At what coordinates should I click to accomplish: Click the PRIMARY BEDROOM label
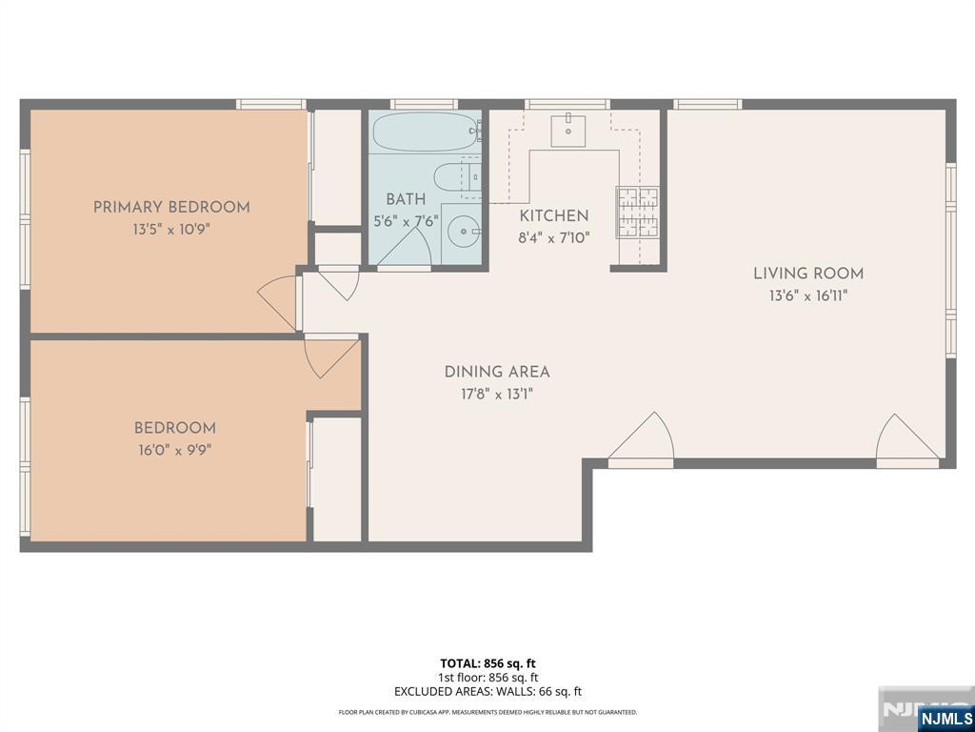coord(171,207)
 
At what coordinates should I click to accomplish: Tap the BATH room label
coord(406,200)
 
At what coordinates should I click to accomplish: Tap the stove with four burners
coord(638,212)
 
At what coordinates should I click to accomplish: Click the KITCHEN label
coord(554,216)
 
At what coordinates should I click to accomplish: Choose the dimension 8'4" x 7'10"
coord(554,238)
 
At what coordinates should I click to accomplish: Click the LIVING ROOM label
coord(808,274)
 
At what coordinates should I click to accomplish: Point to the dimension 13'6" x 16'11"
coord(808,295)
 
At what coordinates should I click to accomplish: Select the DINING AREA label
coord(497,373)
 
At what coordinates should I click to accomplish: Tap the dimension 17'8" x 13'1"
coord(497,395)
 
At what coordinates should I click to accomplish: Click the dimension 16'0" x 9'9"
coord(174,450)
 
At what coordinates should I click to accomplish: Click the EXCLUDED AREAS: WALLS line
coord(487,692)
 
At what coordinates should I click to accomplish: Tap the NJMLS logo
coord(945,718)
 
